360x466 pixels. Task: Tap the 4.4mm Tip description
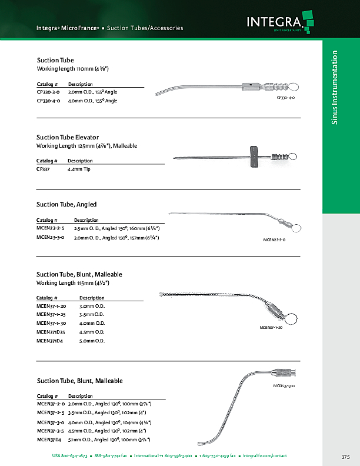click(x=79, y=169)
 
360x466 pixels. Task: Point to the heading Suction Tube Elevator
click(x=68, y=137)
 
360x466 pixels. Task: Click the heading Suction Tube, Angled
click(x=66, y=204)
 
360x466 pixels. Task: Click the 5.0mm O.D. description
click(x=92, y=341)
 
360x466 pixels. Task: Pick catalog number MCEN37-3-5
click(x=50, y=431)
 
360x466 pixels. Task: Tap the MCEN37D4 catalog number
click(x=48, y=440)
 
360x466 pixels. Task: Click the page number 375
click(x=345, y=457)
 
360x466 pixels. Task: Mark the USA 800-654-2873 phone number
click(x=70, y=456)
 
